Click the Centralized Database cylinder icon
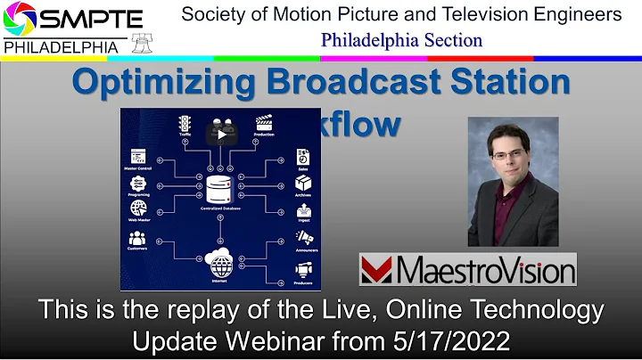(218, 189)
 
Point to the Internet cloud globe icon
(221, 263)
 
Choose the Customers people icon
(137, 239)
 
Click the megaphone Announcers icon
(303, 239)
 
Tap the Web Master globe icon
(137, 210)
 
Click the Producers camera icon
(303, 267)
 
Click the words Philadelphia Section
(401, 40)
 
